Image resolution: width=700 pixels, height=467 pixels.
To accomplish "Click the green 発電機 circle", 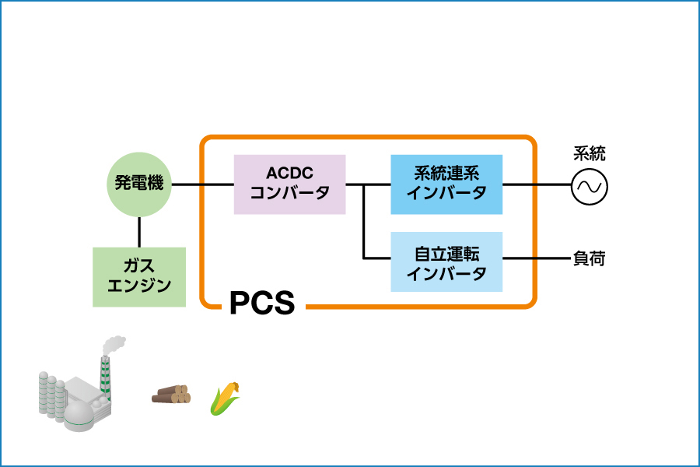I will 139,184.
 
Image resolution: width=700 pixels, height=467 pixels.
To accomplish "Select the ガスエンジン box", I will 139,276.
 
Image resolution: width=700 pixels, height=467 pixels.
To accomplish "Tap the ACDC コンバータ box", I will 289,184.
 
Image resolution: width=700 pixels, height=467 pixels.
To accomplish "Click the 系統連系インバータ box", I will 446,184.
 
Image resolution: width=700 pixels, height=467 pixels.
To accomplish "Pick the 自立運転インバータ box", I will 446,262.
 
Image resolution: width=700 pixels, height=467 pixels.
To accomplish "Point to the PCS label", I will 262,304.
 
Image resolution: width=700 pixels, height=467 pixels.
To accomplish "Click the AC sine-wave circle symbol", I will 590,187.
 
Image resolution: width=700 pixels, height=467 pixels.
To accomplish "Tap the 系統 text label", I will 590,154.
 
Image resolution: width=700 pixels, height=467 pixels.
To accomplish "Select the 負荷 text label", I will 589,258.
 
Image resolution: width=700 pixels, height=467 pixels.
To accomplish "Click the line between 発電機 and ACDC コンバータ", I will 202,184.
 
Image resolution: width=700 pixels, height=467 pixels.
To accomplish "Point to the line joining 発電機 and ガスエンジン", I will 139,232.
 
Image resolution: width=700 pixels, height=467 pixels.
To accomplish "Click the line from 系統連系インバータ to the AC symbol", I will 537,185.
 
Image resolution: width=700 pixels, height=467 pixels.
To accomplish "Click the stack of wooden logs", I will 171,395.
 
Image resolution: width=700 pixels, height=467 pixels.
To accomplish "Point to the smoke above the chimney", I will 114,343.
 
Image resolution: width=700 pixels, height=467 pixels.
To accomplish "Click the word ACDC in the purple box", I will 289,173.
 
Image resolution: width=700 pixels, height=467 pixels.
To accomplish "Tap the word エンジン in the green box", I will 139,286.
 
